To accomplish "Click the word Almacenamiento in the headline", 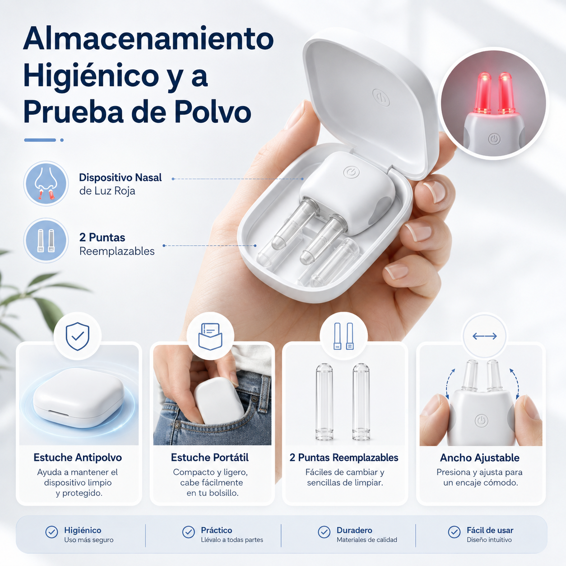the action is [x=148, y=39].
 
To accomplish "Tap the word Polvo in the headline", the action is [x=213, y=112].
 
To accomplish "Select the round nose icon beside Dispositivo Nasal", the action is [x=46, y=183].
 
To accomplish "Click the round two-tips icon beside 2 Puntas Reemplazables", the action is [x=46, y=240].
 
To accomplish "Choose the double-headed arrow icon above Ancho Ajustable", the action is [x=485, y=336].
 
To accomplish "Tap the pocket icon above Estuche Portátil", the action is [x=210, y=337].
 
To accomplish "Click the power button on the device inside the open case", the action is [x=351, y=172].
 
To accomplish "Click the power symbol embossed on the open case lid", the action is [x=380, y=97].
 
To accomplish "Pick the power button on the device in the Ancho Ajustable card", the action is [x=482, y=421].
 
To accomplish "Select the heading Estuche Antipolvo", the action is [x=78, y=458].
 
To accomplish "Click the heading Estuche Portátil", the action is [x=210, y=458].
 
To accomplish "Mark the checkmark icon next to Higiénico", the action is [x=52, y=532].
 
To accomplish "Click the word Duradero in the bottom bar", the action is [x=354, y=530].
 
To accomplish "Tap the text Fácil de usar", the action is [x=490, y=530].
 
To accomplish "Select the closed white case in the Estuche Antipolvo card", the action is [x=79, y=397].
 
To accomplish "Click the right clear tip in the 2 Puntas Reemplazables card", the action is [x=361, y=402].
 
